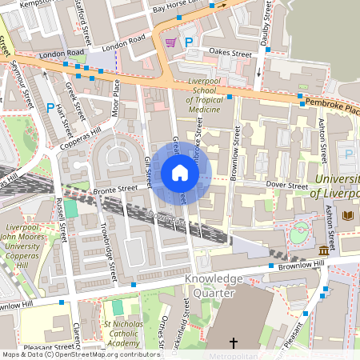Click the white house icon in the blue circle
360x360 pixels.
180,172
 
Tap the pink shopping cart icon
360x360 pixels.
170,42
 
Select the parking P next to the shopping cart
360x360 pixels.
189,42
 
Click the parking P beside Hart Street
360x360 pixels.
50,107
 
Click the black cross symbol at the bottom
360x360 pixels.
234,343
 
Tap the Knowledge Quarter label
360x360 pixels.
214,286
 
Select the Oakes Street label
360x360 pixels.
230,54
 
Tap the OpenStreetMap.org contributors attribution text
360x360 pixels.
104,354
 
